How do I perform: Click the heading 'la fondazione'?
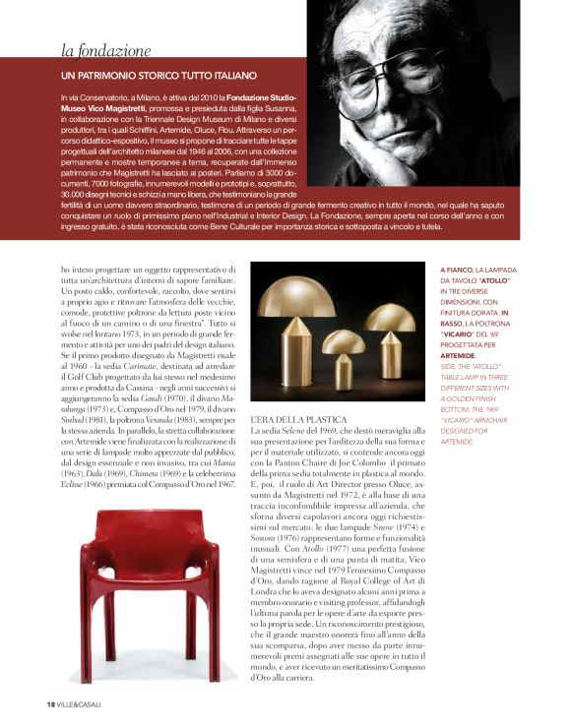(x=105, y=50)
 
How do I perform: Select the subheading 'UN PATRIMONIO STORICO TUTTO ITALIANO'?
(x=159, y=75)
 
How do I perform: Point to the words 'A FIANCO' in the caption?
(x=457, y=269)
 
